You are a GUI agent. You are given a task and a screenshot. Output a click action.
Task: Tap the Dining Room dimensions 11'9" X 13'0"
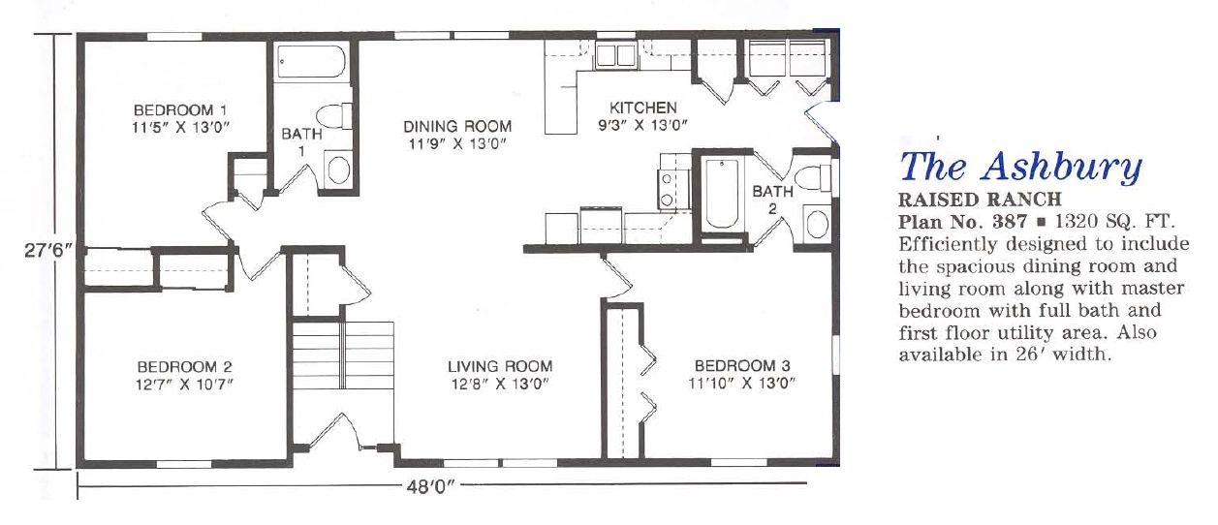[457, 144]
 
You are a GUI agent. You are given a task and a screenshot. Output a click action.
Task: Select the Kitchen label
[643, 108]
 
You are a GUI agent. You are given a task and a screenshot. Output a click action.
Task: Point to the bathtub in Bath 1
[311, 61]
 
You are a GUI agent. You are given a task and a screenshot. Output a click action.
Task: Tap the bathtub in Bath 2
[722, 194]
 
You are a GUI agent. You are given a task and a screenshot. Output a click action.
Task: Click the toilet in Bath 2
[812, 177]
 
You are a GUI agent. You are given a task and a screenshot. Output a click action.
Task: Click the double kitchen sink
[615, 55]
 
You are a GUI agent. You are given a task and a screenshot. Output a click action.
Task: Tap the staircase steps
[343, 355]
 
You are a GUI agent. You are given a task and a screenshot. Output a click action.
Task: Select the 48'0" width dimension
[430, 486]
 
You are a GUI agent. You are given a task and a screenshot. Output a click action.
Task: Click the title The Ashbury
[1020, 166]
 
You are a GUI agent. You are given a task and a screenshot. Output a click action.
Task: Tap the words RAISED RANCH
[980, 200]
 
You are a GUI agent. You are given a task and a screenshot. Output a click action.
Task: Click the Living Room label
[500, 367]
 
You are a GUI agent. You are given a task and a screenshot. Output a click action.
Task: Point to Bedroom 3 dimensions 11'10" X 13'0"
[742, 384]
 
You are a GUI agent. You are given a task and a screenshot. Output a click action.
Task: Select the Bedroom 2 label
[184, 367]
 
